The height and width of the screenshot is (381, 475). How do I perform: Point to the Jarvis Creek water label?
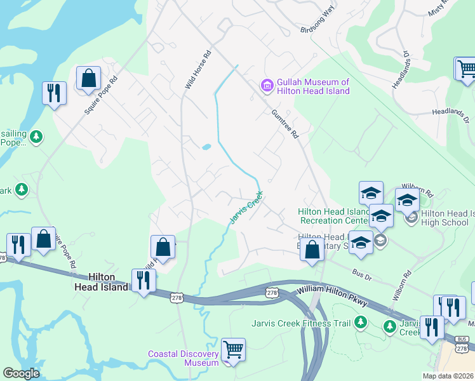[x=246, y=210]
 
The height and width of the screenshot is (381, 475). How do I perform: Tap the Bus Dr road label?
[x=361, y=272]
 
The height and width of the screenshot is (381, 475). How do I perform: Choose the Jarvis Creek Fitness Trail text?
[x=301, y=323]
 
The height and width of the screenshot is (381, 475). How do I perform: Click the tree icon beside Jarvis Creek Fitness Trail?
[x=361, y=323]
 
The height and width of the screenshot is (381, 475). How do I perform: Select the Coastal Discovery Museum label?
[x=184, y=358]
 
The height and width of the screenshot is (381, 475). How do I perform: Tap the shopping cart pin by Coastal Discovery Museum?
[x=233, y=350]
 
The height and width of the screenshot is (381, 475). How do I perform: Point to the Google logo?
[x=22, y=373]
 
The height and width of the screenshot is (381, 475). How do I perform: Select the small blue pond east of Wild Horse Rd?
[x=206, y=147]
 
